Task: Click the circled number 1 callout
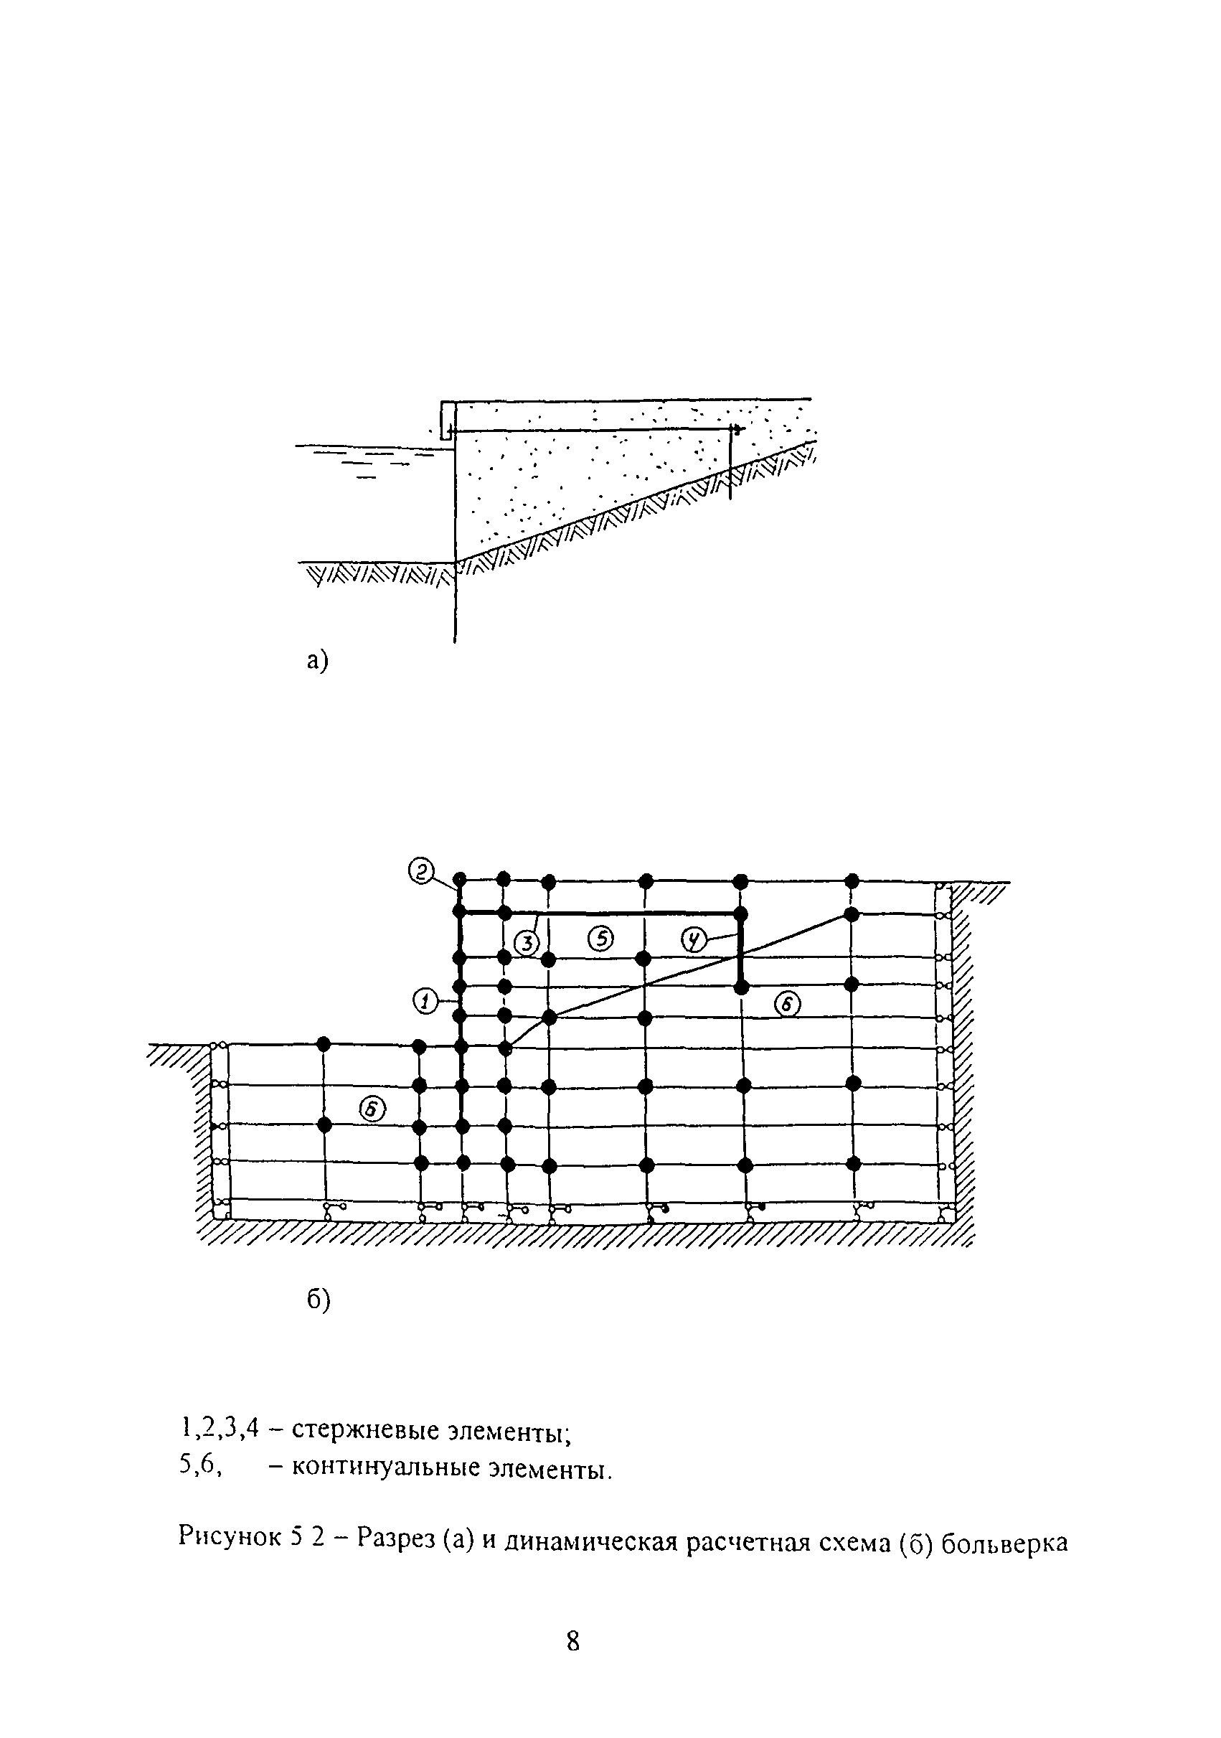(425, 1002)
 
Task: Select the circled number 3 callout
(526, 943)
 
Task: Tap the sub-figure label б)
(319, 1300)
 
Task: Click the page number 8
(573, 1642)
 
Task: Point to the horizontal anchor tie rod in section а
(590, 431)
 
